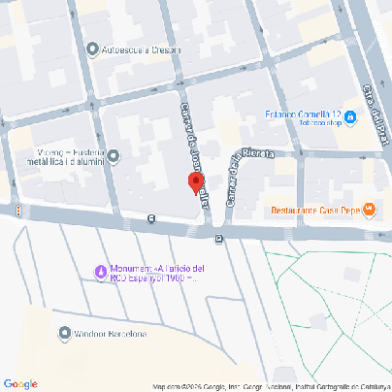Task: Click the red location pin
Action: (x=195, y=182)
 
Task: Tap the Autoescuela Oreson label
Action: (x=141, y=49)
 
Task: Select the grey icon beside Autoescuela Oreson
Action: (x=92, y=49)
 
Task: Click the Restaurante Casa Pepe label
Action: (x=314, y=211)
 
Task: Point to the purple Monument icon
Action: (x=99, y=271)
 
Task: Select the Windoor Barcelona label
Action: (x=111, y=335)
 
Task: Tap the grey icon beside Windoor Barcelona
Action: (x=64, y=334)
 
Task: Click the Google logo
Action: (x=19, y=384)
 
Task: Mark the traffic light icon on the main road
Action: (x=17, y=211)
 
